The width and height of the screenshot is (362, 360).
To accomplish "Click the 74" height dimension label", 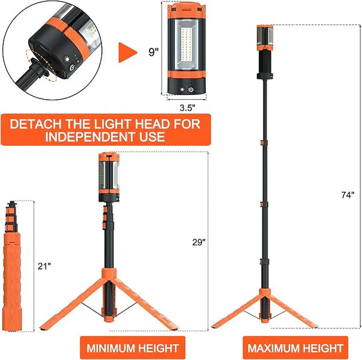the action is [348, 194].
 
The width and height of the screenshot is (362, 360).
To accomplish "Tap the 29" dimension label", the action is [198, 242].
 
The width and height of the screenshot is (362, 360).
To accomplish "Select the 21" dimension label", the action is [44, 266].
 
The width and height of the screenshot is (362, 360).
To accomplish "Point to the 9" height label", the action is [154, 52].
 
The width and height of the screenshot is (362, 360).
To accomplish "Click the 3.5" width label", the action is [188, 108].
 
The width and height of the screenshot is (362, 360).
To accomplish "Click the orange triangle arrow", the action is [127, 53].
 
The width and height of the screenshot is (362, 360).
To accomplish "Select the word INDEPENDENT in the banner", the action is [90, 137].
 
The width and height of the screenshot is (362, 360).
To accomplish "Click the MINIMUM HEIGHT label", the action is [133, 348].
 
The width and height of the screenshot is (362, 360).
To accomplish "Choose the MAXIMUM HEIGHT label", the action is [295, 348].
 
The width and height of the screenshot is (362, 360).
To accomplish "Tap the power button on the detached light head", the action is [191, 89].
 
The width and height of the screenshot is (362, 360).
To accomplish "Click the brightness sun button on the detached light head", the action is [182, 89].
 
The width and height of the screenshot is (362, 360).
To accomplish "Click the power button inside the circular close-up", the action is [72, 68].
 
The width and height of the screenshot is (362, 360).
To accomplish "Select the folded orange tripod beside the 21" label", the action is [12, 266].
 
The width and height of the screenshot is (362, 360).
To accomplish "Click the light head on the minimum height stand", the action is [109, 177].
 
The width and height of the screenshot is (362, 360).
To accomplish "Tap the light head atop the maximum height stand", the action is [265, 37].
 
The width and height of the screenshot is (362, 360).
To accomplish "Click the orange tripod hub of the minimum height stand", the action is [109, 274].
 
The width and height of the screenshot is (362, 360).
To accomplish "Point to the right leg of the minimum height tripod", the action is [147, 304].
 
